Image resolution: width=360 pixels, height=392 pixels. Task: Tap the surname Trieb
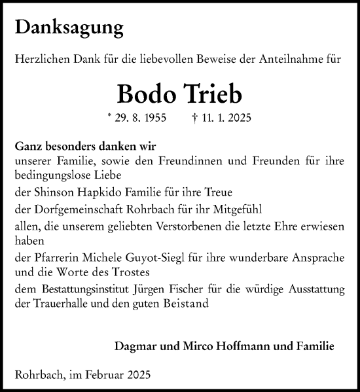(209, 95)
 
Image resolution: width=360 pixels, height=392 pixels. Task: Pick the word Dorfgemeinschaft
(67, 209)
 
